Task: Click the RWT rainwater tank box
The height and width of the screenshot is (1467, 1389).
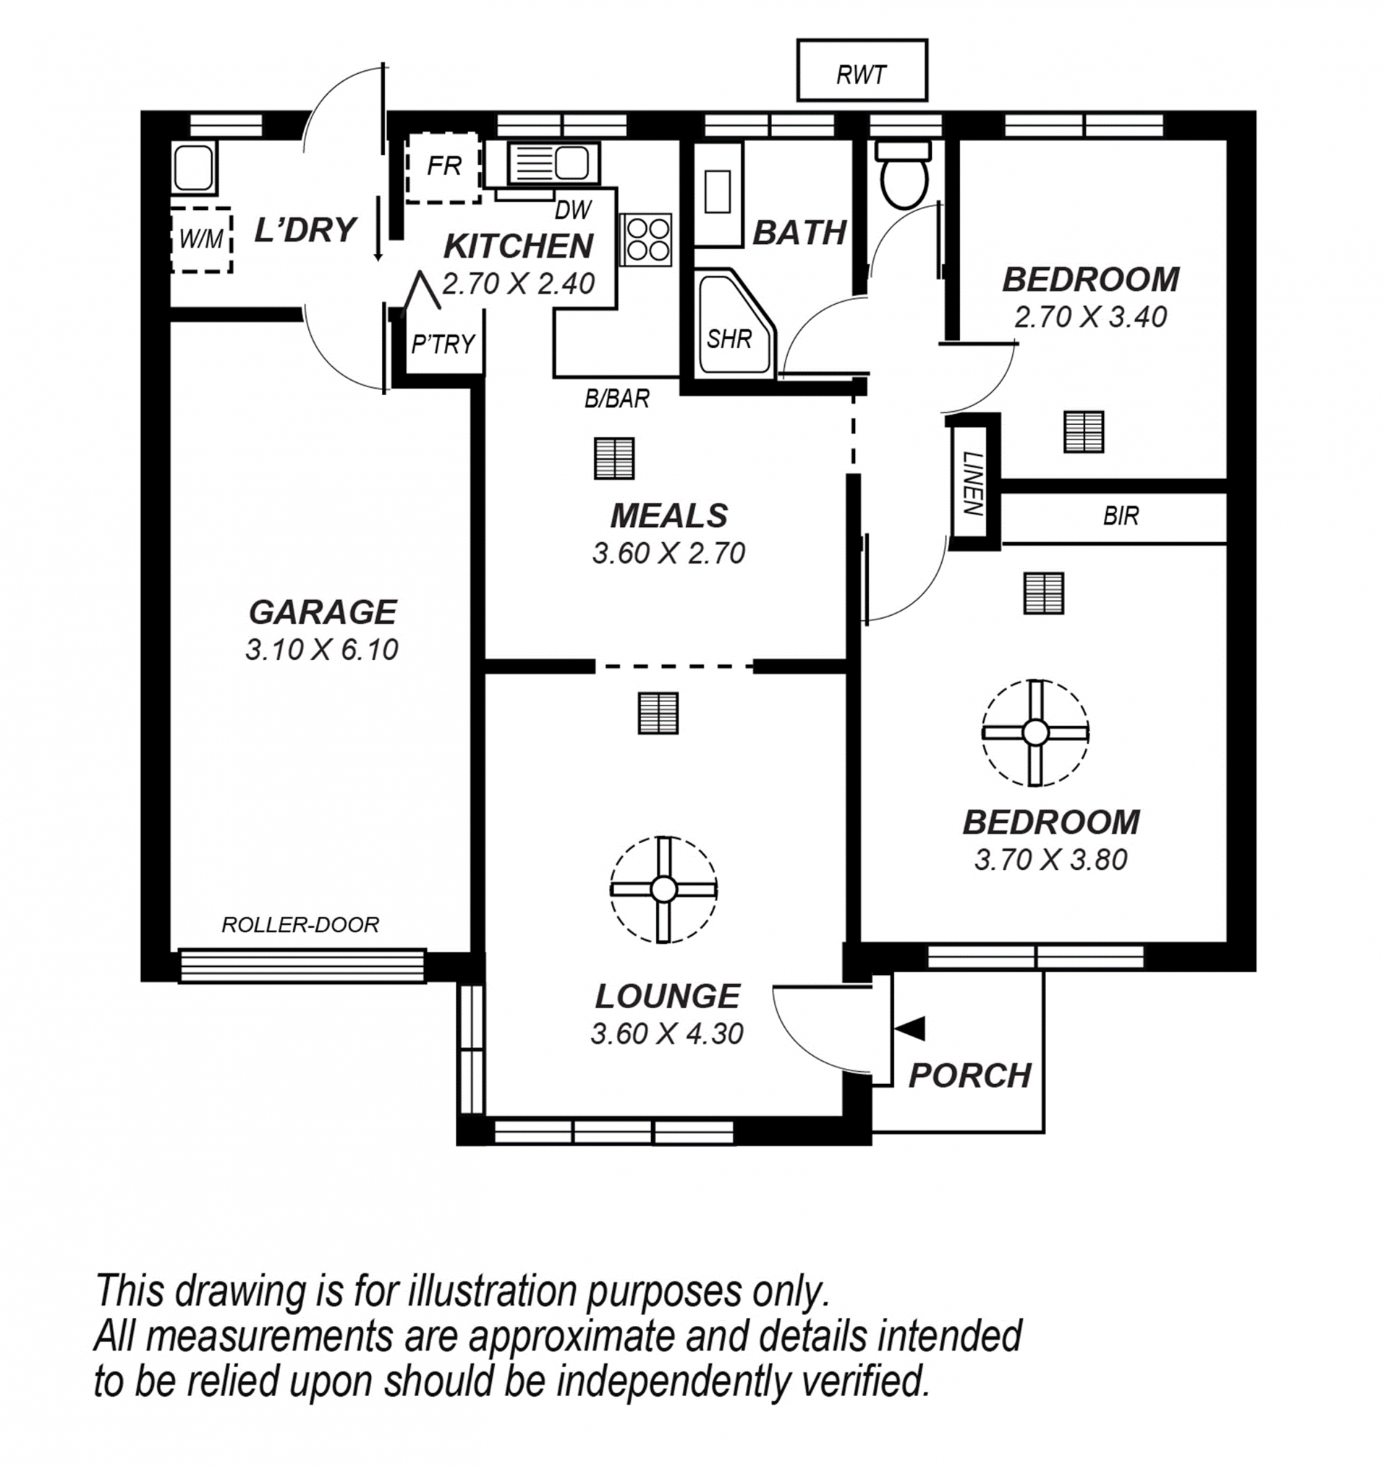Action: point(862,70)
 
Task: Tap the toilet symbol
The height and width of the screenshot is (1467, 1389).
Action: point(903,174)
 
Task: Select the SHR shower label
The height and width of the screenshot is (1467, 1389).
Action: point(729,339)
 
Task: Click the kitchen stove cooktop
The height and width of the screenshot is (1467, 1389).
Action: point(645,240)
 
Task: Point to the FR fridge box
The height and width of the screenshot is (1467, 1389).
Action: point(443,167)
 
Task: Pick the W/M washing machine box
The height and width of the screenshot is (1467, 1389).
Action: point(201,240)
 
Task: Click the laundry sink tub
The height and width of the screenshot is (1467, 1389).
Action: point(194,168)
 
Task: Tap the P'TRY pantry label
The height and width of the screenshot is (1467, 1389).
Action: point(443,344)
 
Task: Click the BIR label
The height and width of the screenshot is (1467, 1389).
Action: point(1120,516)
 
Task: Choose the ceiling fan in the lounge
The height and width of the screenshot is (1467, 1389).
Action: point(663,889)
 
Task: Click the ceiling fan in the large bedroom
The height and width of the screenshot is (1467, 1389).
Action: point(1035,732)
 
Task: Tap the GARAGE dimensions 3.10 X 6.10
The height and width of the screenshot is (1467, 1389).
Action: point(322,649)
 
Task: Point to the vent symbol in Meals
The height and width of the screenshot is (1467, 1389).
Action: point(613,458)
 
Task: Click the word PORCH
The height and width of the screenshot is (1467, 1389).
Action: point(970,1076)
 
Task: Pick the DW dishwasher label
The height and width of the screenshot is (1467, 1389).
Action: point(572,211)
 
